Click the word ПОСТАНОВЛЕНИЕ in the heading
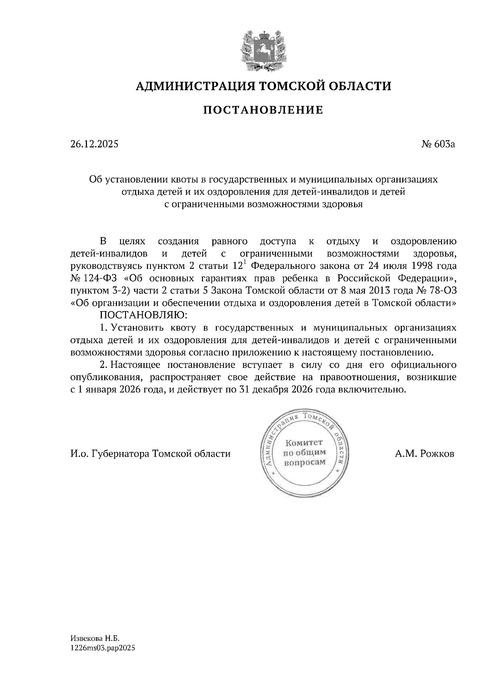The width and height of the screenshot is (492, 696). coord(263,110)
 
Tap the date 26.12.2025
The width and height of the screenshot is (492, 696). coord(94,144)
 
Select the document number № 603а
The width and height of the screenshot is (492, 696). coord(438,144)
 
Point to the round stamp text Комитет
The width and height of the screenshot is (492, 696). coord(304,443)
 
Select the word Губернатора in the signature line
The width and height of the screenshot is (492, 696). coord(121,454)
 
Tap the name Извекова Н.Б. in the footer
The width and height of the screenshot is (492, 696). coord(94,639)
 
